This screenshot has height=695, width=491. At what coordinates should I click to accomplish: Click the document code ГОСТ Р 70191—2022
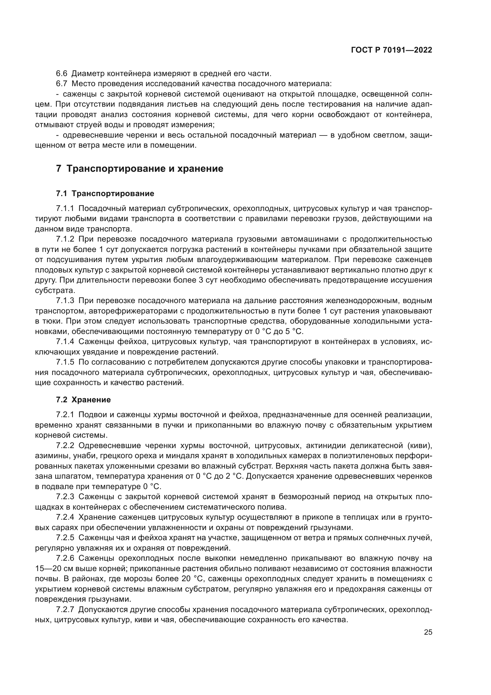click(x=392, y=50)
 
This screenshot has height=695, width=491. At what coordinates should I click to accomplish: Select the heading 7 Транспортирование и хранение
click(x=140, y=168)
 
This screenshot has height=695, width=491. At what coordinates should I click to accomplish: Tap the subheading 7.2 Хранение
click(x=83, y=400)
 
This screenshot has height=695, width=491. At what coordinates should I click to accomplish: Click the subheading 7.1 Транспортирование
click(x=105, y=193)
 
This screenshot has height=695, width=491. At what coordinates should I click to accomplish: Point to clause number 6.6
click(x=61, y=74)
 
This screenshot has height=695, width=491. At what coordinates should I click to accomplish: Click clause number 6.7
click(x=61, y=84)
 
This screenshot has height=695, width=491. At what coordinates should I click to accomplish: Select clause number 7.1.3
click(x=65, y=301)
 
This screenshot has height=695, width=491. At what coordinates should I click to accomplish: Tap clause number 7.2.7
click(x=65, y=609)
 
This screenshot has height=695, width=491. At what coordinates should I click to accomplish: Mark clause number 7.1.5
click(x=65, y=362)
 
